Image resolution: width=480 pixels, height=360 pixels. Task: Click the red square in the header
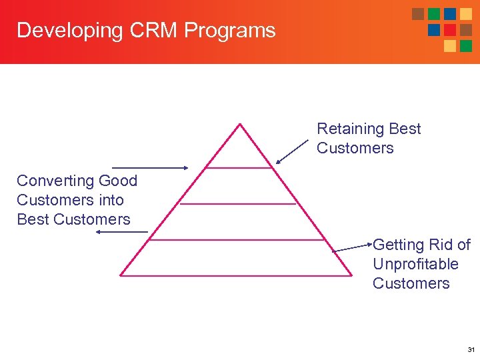[449, 30]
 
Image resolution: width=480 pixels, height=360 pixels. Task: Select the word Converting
[55, 181]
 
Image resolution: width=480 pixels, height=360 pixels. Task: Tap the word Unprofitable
[415, 264]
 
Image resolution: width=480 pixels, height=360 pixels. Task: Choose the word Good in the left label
[117, 181]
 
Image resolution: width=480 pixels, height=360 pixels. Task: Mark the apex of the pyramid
[240, 124]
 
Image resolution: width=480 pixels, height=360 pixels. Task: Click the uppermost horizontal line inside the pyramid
[239, 168]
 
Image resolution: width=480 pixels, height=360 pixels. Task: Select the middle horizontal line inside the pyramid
[238, 203]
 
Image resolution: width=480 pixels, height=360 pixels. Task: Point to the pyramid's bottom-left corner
[121, 274]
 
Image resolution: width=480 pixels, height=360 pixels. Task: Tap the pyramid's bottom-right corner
[351, 274]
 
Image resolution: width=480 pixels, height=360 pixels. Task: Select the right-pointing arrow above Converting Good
[151, 168]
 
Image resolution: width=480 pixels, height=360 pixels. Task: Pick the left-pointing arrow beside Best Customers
[122, 232]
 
